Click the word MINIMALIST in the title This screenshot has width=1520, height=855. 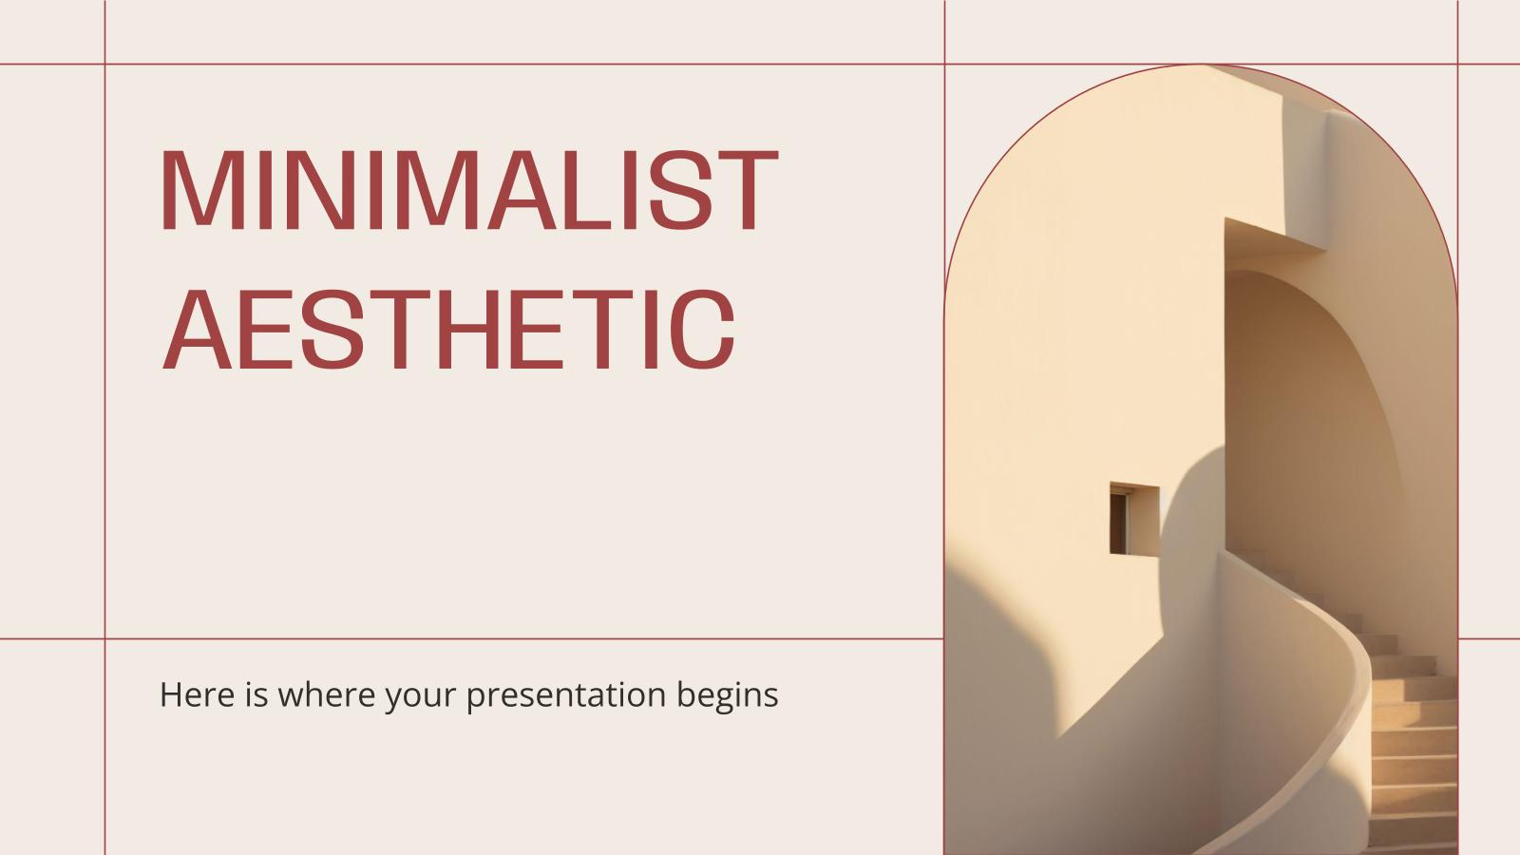[x=468, y=190]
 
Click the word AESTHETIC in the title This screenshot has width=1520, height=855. [x=448, y=330]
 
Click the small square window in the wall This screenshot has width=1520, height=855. [x=1133, y=519]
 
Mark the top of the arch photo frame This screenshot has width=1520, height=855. [x=1201, y=66]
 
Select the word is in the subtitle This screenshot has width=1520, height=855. [x=256, y=694]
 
